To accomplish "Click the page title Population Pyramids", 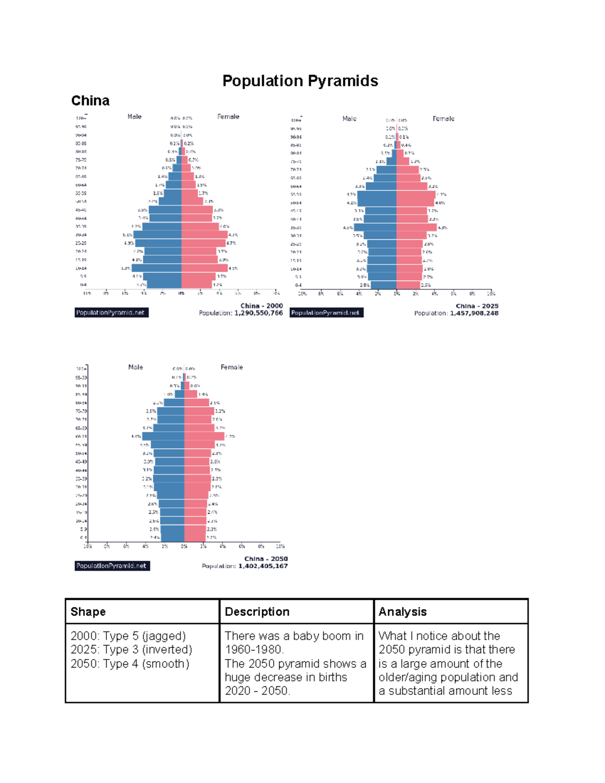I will coord(300,81).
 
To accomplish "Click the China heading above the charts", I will coord(90,101).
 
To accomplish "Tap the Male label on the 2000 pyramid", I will coord(135,116).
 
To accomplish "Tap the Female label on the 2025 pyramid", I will coord(443,119).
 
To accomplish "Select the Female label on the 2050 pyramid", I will coord(231,368).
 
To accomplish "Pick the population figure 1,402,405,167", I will coord(263,566).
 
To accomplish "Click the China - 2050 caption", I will coord(266,559).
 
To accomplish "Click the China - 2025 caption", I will coord(476,306).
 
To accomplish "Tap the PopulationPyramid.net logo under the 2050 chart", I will coord(112,566).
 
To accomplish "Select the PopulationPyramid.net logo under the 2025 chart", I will coord(326,313).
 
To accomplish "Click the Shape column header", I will coord(88,612).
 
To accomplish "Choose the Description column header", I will coord(257,612).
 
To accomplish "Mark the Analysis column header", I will coord(402,612).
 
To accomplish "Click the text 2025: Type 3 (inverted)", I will coord(131,649).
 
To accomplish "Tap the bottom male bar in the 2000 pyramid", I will coord(164,285).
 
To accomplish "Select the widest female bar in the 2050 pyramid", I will coord(204,436).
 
